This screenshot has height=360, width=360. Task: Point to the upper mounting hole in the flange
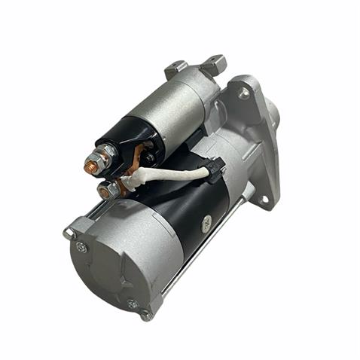(x=244, y=93)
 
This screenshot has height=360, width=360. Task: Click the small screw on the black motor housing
(x=206, y=221)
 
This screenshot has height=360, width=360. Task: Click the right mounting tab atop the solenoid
(x=213, y=64)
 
